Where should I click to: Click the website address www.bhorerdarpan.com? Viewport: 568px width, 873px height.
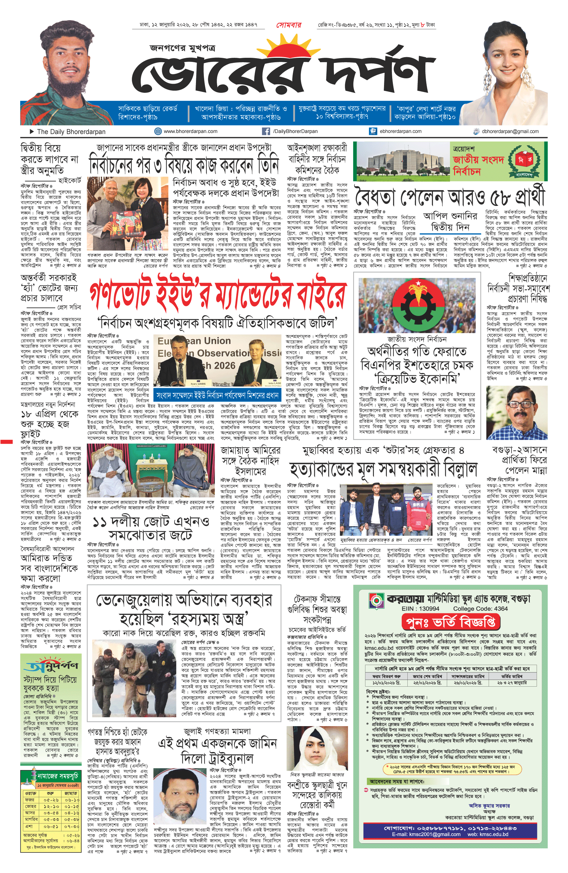point(190,131)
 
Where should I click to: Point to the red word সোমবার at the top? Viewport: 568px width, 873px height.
point(289,25)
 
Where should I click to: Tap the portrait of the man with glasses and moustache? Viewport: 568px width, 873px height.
point(516,412)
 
